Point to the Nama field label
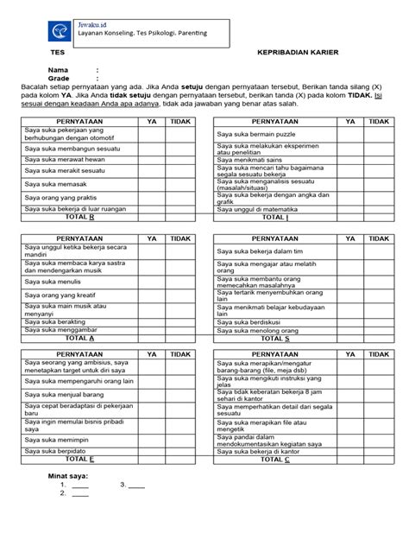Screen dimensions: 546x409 pyautogui.click(x=57, y=69)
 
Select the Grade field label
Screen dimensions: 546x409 pyautogui.click(x=59, y=78)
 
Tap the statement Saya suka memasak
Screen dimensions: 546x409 pyautogui.click(x=50, y=184)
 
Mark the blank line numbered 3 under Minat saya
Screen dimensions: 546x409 pyautogui.click(x=137, y=486)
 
